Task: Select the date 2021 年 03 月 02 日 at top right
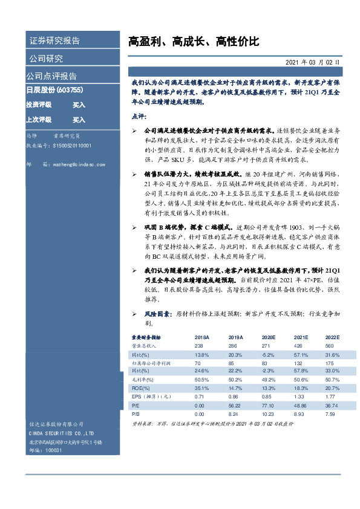312,62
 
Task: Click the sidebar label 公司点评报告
51,76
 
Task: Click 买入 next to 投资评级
79,105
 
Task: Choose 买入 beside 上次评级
79,120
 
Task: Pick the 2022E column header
332,337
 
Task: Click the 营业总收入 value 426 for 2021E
298,345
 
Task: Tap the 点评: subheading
139,116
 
